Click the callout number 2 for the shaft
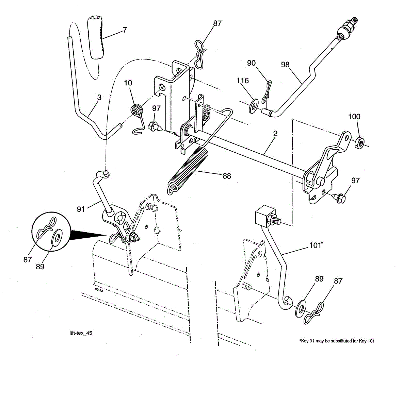[x=275, y=133]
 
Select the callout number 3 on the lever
[x=99, y=98]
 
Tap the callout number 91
[x=81, y=209]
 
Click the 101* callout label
[x=316, y=245]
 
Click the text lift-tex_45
[x=81, y=333]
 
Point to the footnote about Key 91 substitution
[x=337, y=341]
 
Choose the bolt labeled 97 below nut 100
[x=339, y=197]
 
